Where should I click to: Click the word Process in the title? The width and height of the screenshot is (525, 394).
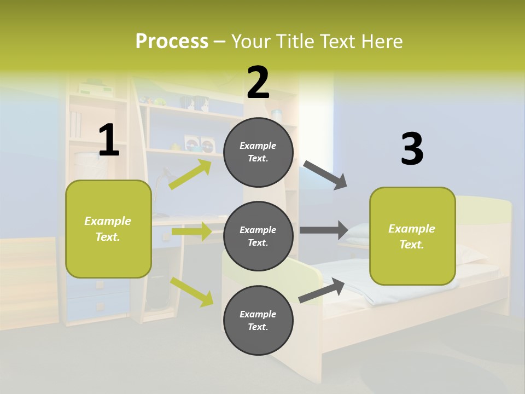point(172,41)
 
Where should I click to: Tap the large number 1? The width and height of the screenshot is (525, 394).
point(109,140)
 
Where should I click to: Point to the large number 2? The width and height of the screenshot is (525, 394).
point(258,83)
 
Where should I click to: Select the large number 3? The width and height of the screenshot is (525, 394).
point(412,149)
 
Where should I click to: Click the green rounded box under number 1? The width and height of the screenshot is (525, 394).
point(108,229)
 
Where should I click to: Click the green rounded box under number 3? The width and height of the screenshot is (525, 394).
point(412,236)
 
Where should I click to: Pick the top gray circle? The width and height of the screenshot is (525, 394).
point(258,152)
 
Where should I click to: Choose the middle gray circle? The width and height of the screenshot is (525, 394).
point(258,236)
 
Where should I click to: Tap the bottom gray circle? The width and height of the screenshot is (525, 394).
point(258,320)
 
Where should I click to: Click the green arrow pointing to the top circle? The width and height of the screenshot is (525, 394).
point(190,174)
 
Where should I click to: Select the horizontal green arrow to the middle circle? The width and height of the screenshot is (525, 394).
point(191,231)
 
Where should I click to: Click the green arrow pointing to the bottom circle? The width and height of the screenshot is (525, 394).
point(192,291)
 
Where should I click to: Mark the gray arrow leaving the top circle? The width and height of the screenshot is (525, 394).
point(325,175)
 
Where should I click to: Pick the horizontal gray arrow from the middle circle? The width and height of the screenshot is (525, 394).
point(324,230)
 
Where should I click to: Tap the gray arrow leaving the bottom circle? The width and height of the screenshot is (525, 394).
point(322,290)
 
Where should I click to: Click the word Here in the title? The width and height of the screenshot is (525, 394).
point(380,41)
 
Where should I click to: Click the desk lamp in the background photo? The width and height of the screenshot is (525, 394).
point(163,181)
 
